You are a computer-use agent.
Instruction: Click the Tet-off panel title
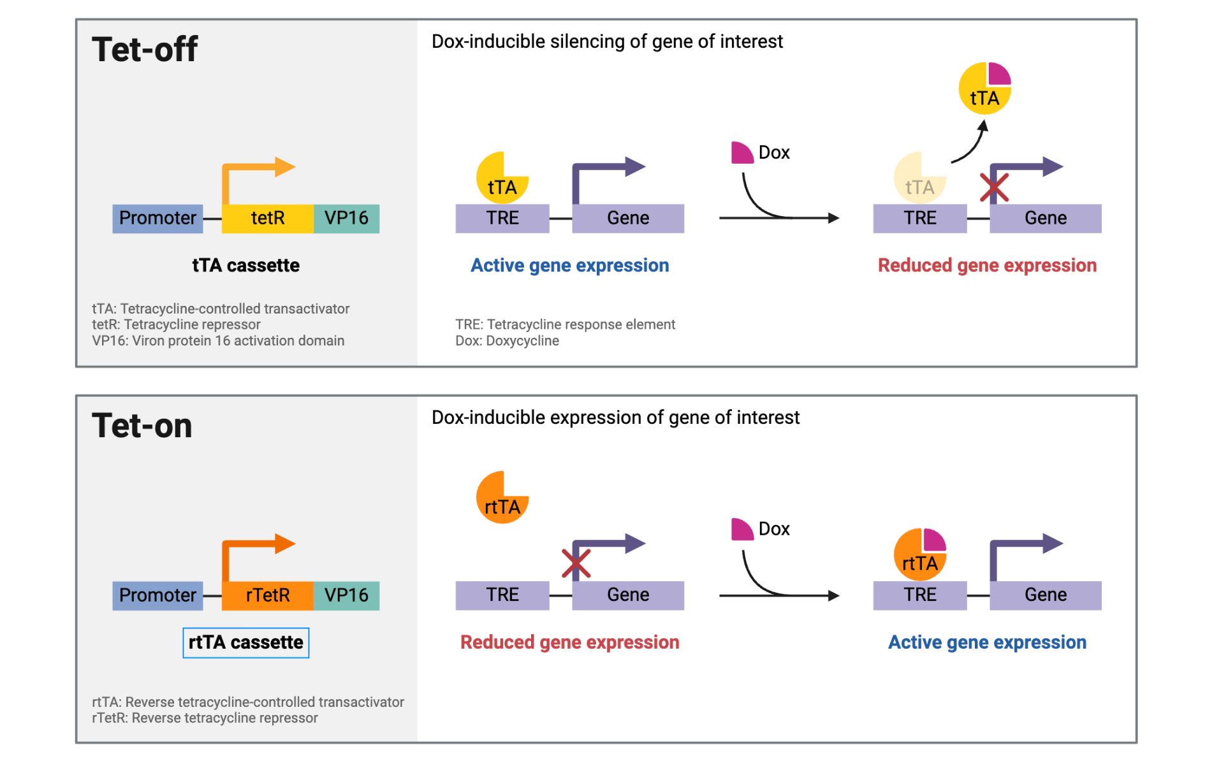click(x=145, y=49)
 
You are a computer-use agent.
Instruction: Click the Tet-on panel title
click(x=142, y=425)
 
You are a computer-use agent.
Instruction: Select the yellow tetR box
click(x=267, y=218)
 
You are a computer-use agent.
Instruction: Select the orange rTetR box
click(x=267, y=595)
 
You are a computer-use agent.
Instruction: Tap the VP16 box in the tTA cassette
click(x=346, y=218)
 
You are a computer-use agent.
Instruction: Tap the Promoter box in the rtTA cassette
click(x=157, y=595)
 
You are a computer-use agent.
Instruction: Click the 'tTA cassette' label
click(x=245, y=265)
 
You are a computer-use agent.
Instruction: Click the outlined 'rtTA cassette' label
click(x=245, y=642)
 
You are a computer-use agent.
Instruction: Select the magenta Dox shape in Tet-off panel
click(x=741, y=154)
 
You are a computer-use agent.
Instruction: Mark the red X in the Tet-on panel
click(x=576, y=563)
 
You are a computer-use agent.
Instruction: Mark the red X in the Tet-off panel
click(x=994, y=187)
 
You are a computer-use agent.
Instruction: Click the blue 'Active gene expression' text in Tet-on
click(x=987, y=642)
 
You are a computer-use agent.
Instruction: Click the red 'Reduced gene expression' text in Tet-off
click(x=987, y=265)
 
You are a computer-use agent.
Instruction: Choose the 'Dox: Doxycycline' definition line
click(x=507, y=341)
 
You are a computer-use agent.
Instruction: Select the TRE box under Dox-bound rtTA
click(x=919, y=595)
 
